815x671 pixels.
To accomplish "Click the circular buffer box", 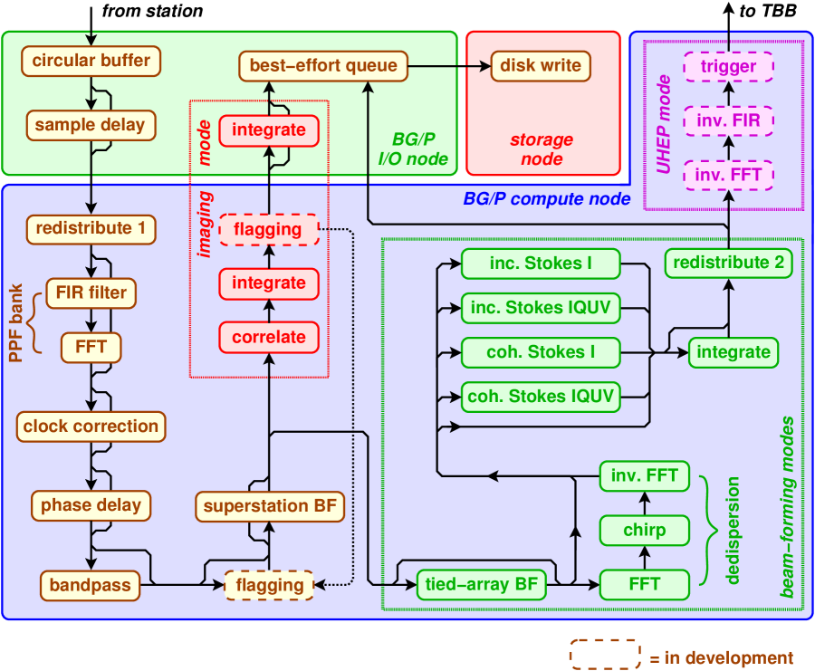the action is coord(91,61).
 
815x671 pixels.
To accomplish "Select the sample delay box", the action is coord(91,125).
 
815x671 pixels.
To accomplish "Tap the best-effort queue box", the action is coord(323,66).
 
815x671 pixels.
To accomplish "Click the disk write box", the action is coord(541,66).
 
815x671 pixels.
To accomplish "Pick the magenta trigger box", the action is coord(728,66).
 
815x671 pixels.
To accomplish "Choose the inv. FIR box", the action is coord(728,120).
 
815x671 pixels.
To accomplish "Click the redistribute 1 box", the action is coord(91,229).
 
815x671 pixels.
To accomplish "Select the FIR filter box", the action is coord(91,293).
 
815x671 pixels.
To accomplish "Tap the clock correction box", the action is coord(91,427).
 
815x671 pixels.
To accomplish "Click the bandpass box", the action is coord(91,585).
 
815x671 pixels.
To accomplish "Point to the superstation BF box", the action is coord(270,506).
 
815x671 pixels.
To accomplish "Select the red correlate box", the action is coord(269,338).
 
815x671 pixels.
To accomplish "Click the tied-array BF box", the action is coord(482,585).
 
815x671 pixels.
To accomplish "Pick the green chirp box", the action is coord(645,531).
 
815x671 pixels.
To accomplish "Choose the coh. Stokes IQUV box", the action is coord(541,398).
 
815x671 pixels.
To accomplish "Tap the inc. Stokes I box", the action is coord(541,264).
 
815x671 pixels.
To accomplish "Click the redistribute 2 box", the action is coord(728,263).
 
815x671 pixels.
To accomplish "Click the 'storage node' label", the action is coord(542,149).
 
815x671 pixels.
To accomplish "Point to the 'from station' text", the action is coord(152,11).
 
